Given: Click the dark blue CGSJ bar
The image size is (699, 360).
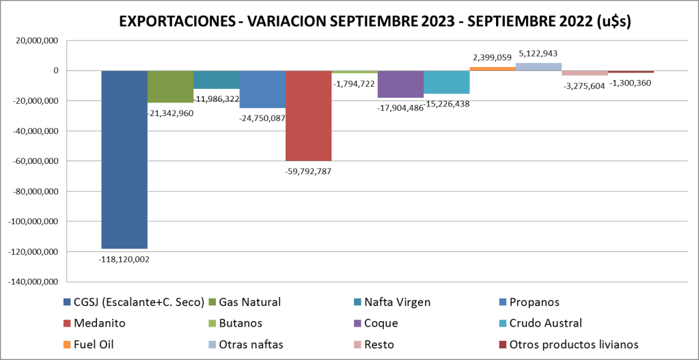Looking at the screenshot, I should [124, 159].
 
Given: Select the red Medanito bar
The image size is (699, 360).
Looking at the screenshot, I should [308, 115].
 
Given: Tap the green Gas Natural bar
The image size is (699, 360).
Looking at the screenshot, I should [170, 87].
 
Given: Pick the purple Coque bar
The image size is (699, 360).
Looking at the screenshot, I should [400, 84].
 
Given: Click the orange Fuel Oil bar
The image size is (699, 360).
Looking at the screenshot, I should [493, 68].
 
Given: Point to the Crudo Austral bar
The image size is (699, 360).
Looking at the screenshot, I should [446, 82].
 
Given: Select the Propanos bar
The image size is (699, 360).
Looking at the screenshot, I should [262, 89].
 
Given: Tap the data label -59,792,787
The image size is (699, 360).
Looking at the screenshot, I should [308, 171].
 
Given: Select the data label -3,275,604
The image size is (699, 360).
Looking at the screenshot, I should [584, 85].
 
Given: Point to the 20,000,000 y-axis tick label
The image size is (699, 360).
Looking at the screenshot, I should [38, 41].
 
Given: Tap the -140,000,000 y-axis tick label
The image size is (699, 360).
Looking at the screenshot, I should [33, 281].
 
